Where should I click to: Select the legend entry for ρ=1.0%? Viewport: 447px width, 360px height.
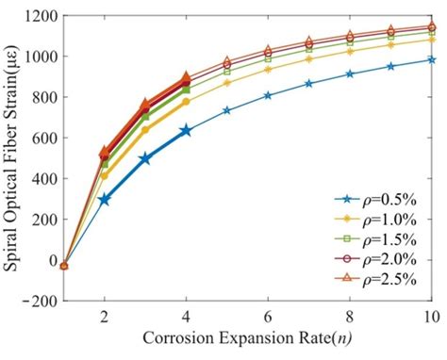point(377,219)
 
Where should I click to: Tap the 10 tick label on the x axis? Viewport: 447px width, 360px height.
point(432,317)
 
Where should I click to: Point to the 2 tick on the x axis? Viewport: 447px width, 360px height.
point(105,317)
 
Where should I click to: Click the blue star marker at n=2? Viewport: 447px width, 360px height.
point(105,200)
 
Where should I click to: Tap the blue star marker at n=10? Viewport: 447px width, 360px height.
point(432,59)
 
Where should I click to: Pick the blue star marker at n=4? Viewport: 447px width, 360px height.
point(186,130)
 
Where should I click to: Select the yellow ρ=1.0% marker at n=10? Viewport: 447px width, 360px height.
point(432,40)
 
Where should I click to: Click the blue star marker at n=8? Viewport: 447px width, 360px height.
point(350,74)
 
